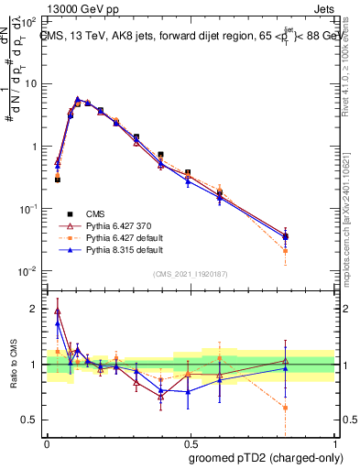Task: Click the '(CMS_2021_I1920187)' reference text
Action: [x=190, y=273]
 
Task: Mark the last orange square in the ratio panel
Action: [x=286, y=408]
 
